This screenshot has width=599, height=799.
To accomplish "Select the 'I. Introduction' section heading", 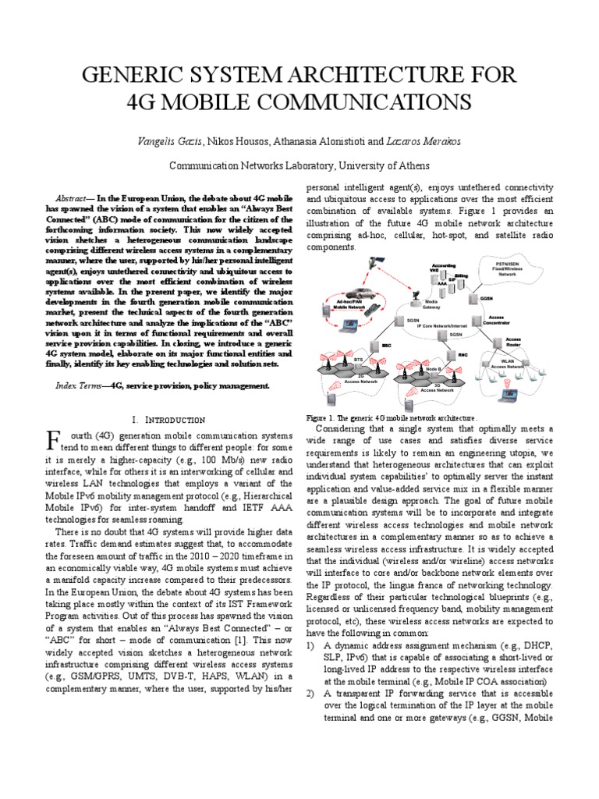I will point(170,420).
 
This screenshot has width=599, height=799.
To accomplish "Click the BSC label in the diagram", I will point(385,344).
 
